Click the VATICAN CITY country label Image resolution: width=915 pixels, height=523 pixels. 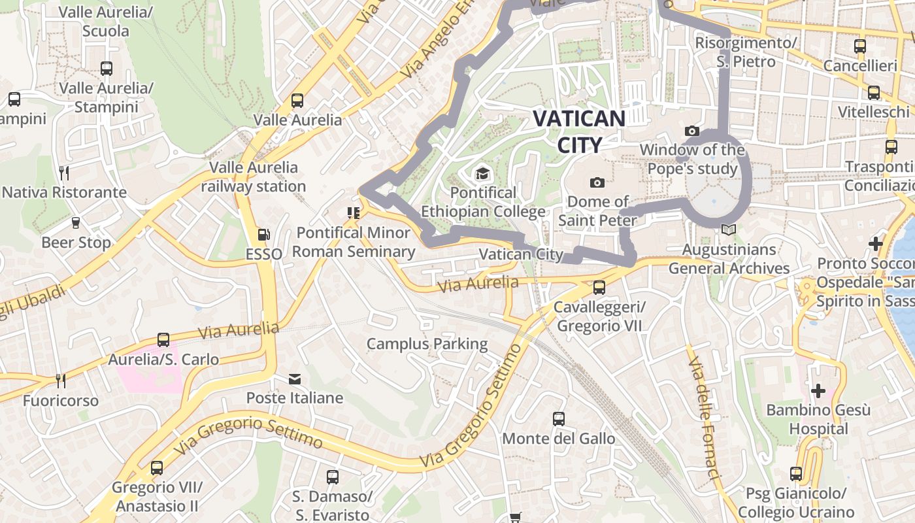(579, 131)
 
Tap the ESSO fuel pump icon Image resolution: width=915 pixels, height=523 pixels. (263, 234)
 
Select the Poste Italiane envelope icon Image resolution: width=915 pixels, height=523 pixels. (295, 379)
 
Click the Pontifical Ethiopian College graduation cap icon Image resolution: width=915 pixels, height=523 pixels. (482, 173)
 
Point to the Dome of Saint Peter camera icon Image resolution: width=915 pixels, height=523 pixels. (597, 182)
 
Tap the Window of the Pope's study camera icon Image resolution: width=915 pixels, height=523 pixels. (692, 131)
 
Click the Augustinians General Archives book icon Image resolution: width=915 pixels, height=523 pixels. (729, 230)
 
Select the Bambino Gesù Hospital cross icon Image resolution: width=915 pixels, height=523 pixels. (818, 391)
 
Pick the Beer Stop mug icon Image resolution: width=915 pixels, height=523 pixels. (76, 223)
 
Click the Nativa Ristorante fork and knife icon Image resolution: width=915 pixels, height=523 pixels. (64, 173)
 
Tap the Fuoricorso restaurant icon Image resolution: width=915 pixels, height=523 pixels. (60, 380)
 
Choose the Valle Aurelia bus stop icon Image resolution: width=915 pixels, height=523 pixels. (297, 100)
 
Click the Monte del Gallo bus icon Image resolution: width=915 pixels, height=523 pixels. (559, 418)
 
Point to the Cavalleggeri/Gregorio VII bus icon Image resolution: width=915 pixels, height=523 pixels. (599, 287)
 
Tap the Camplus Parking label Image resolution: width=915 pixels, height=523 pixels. (427, 344)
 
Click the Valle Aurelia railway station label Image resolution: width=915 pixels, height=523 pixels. (254, 177)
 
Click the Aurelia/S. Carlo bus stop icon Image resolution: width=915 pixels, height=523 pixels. (163, 340)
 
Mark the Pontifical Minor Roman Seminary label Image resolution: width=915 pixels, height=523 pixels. (354, 242)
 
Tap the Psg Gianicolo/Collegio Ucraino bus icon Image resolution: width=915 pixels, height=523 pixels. (796, 474)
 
